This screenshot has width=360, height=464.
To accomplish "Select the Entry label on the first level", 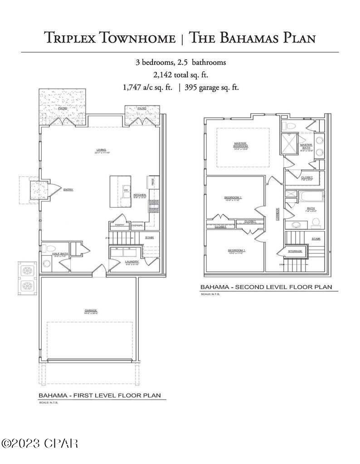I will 68,190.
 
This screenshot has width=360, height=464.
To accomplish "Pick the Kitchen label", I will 140,195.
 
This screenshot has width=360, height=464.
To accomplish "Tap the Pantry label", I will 119,225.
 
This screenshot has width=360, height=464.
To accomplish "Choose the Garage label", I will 91,311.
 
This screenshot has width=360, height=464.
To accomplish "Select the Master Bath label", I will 306,146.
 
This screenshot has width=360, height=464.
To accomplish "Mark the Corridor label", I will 277,213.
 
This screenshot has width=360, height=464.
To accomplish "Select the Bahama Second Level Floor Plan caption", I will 266,287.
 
